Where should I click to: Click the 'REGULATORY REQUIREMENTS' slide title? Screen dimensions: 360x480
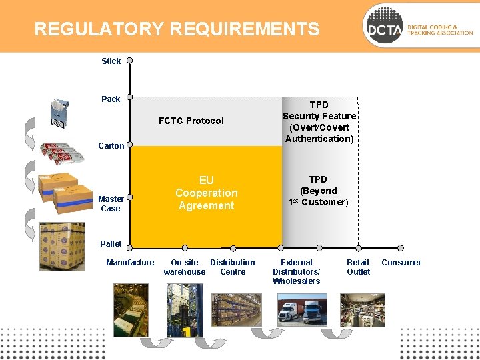coord(177,29)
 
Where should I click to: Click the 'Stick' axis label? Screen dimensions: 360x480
coord(111,61)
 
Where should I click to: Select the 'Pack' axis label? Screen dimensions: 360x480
coord(111,99)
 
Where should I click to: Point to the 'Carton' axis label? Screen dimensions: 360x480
coord(111,146)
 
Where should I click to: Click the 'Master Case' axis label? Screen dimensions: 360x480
coord(111,203)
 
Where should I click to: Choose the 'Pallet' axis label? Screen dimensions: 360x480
coord(111,244)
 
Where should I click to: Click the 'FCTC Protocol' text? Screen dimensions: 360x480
coord(191,121)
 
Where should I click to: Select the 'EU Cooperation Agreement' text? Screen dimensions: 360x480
coord(206,193)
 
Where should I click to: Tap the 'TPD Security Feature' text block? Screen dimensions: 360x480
coord(319,122)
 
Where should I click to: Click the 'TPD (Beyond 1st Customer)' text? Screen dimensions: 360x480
coord(319,191)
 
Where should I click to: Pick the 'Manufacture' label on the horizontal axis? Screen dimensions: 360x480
coord(130,263)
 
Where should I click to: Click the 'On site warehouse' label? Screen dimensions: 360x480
coord(185,267)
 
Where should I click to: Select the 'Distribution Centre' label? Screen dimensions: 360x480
coord(233,267)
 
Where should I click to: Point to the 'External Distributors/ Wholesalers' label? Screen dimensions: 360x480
coord(297,272)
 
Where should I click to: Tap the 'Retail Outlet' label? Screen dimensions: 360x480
coord(359,267)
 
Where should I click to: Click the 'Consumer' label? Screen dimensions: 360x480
coord(401,263)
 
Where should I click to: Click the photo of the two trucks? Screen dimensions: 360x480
coord(297,309)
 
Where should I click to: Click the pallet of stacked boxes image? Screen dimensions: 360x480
coord(62,246)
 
